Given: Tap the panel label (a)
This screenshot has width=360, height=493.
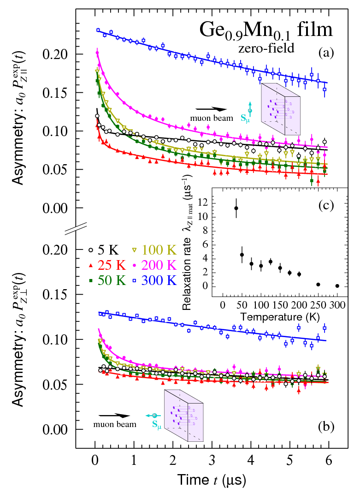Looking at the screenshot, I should (x=326, y=53).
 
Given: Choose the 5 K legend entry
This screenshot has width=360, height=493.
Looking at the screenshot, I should (x=105, y=251).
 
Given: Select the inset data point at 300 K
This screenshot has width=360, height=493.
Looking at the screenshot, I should (x=337, y=286).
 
